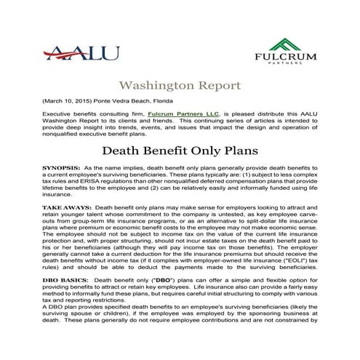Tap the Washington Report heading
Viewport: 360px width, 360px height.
(180, 85)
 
